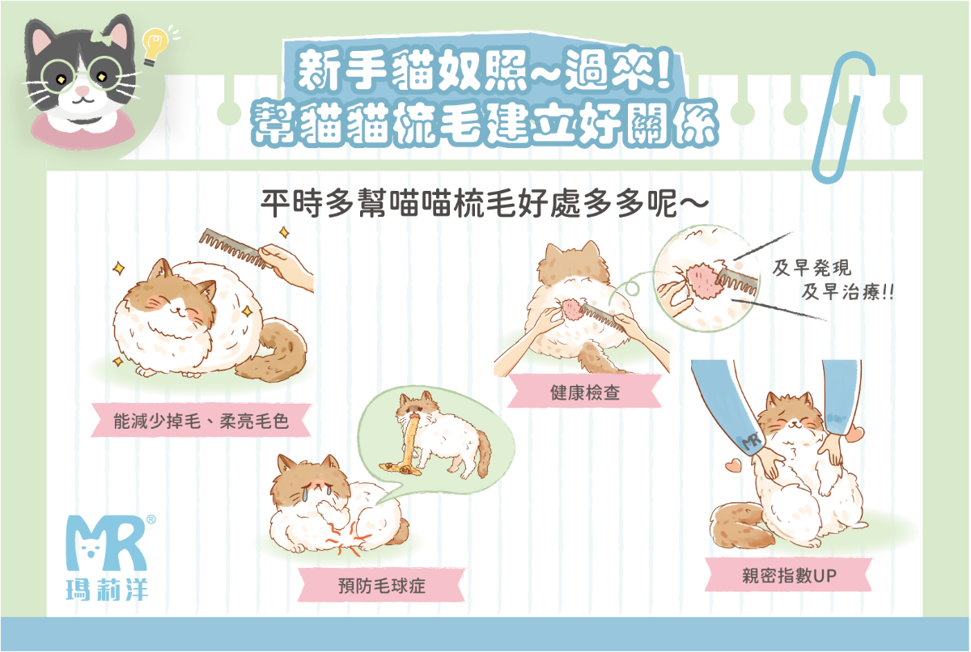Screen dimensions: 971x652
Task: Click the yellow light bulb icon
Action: (x=155, y=46)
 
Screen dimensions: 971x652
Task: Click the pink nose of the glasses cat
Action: (x=83, y=91)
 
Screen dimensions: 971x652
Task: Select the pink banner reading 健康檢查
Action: (x=584, y=392)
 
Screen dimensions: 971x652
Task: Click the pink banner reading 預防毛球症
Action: (x=381, y=586)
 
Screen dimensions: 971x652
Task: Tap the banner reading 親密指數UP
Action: (x=788, y=575)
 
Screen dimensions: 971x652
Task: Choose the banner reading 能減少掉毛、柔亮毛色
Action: (x=201, y=421)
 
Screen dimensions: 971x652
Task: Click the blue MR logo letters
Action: (x=107, y=544)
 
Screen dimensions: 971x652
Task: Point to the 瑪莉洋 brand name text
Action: (x=107, y=590)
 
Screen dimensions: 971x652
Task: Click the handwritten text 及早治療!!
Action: (x=847, y=292)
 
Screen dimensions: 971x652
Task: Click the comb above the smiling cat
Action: (x=234, y=248)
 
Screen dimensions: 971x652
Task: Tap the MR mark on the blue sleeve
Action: (x=752, y=441)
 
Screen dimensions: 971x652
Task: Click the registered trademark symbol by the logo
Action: (x=151, y=519)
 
